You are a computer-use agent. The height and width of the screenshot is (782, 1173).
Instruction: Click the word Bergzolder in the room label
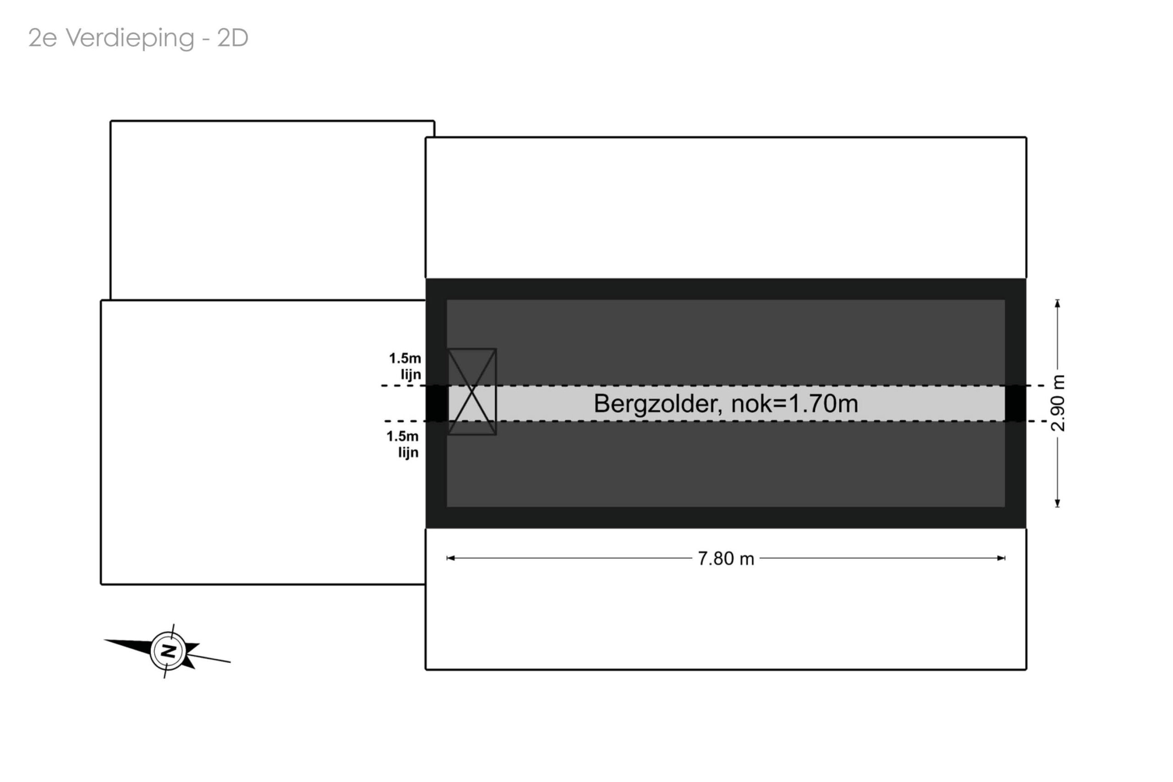click(x=658, y=404)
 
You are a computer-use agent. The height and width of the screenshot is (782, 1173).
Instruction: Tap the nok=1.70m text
click(x=795, y=403)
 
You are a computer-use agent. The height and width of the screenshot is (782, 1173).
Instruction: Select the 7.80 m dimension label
click(x=726, y=559)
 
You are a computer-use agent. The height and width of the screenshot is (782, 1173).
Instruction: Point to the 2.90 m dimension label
click(x=1058, y=403)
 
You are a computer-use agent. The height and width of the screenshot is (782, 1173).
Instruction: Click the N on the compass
click(x=169, y=651)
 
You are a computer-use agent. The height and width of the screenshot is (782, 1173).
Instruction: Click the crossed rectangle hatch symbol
click(x=471, y=391)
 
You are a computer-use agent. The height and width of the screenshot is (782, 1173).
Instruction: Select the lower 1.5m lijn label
click(x=403, y=444)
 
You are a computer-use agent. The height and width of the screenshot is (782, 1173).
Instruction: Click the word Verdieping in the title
click(x=130, y=39)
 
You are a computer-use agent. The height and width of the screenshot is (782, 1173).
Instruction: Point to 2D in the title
click(x=233, y=38)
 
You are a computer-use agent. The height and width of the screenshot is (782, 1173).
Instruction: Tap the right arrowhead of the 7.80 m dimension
click(x=1001, y=558)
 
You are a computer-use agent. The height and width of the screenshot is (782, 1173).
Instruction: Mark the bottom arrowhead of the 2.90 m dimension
click(x=1058, y=504)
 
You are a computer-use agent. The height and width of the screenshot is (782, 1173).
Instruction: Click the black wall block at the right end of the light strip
click(x=1015, y=403)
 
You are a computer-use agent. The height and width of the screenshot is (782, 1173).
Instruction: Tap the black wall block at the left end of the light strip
click(x=437, y=403)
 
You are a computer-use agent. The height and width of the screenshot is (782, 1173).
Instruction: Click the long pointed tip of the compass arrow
click(x=104, y=640)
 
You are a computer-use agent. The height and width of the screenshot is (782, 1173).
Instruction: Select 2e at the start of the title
click(x=42, y=39)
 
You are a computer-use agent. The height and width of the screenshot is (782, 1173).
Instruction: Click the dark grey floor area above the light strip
click(x=726, y=342)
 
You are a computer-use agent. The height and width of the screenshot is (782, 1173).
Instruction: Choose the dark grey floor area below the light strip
click(x=726, y=464)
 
